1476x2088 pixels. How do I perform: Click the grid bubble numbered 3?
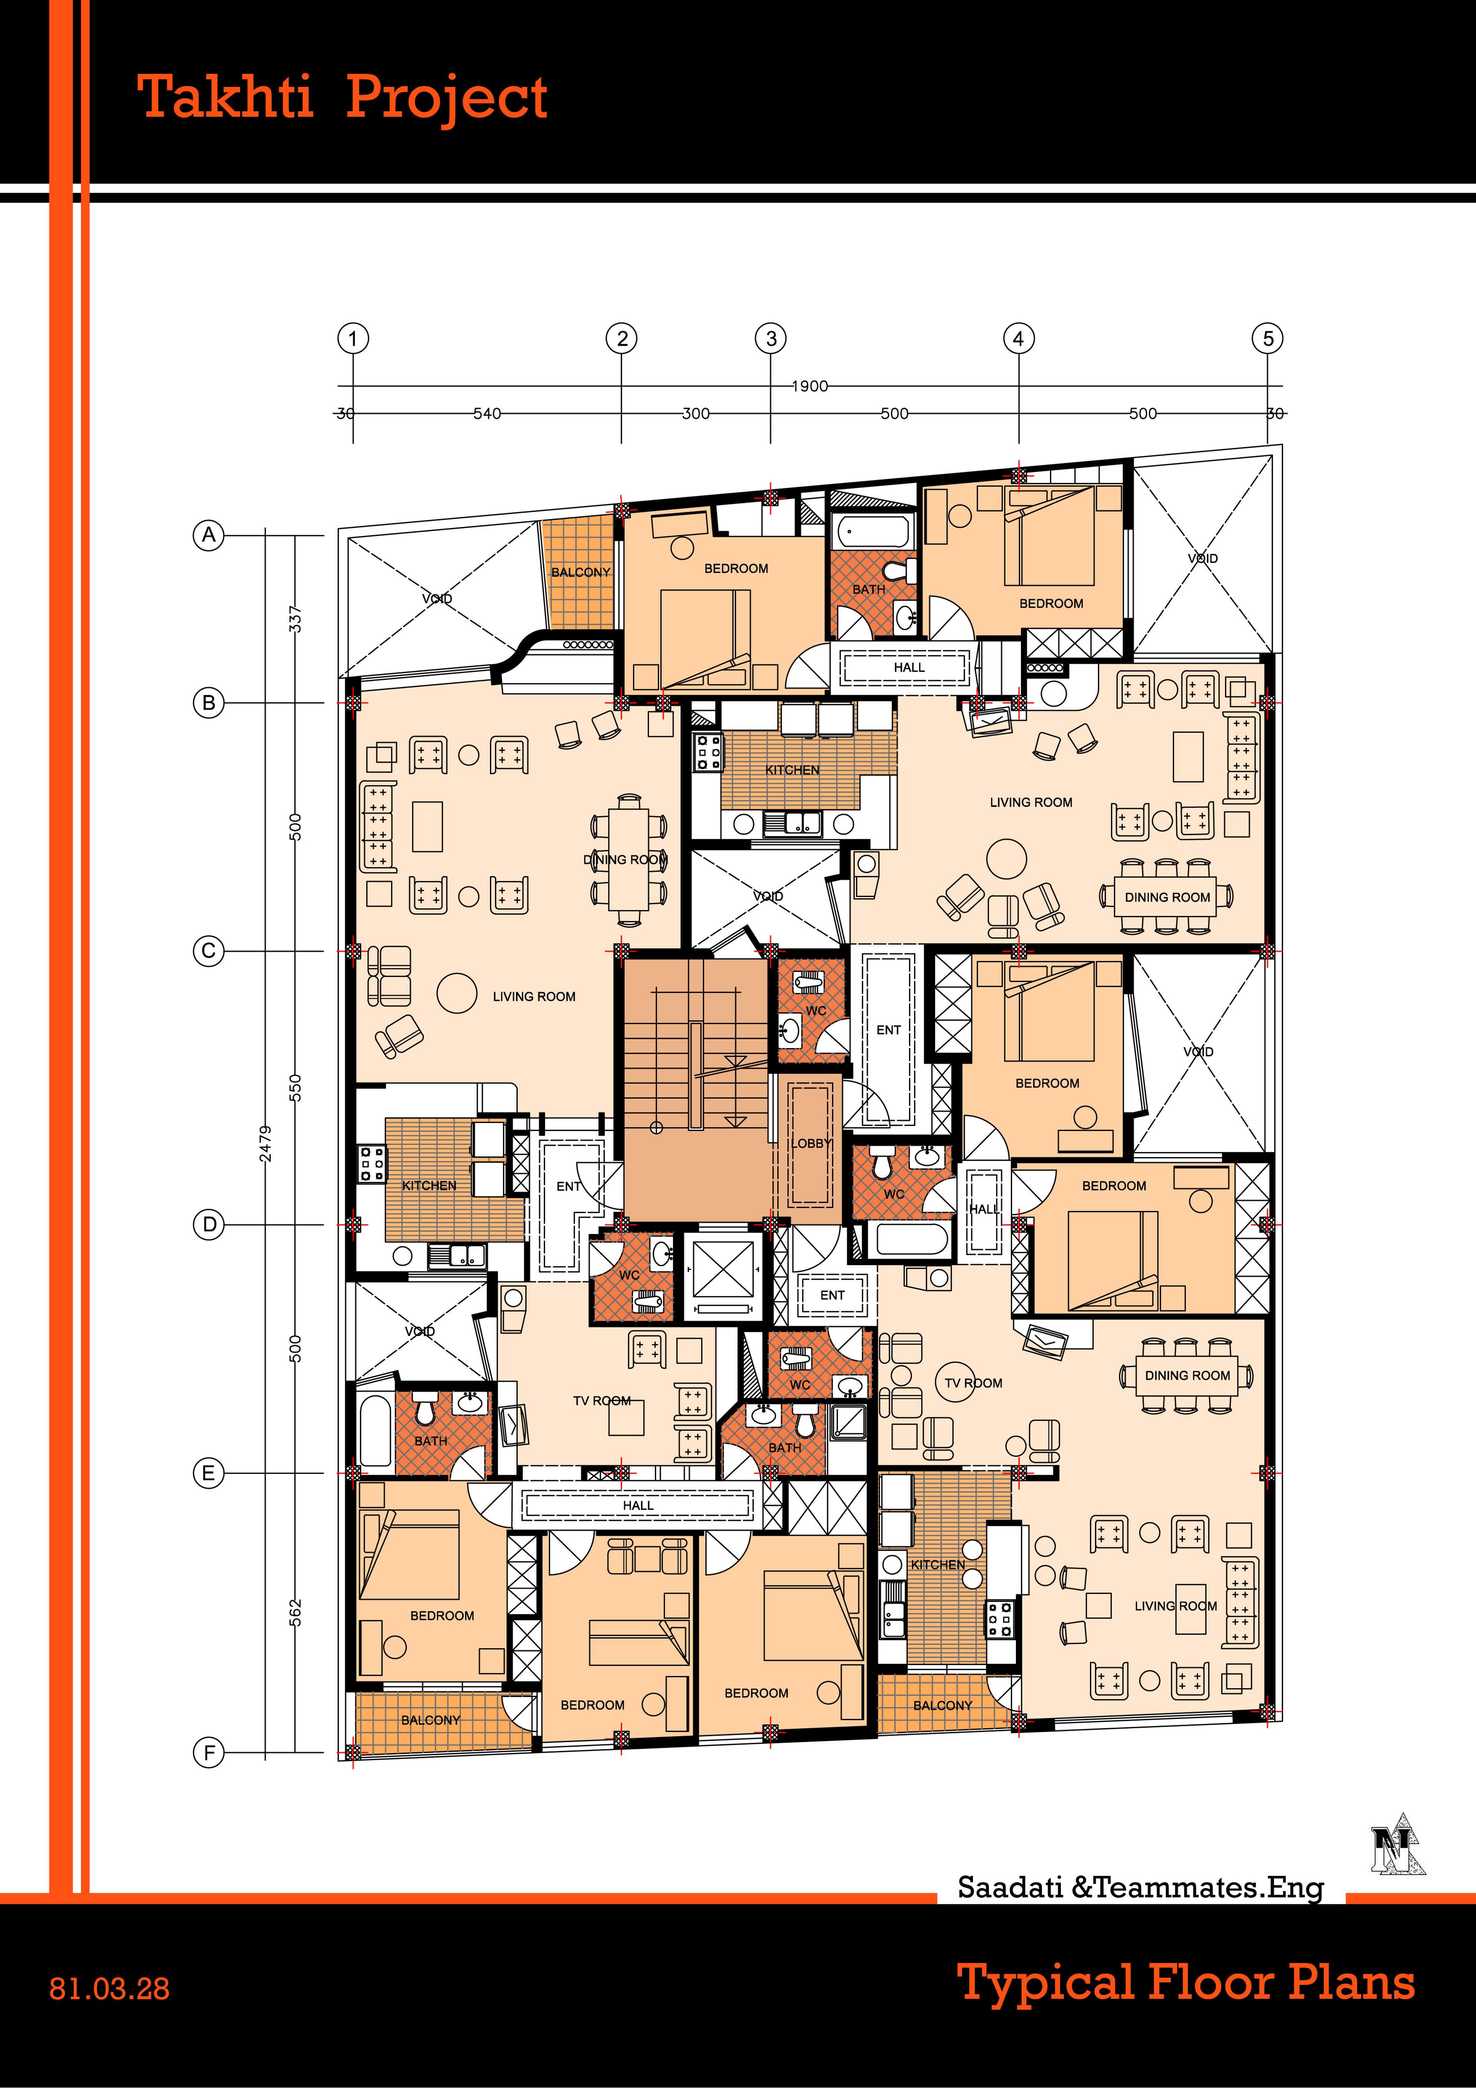pos(771,338)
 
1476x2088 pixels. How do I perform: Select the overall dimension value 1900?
pos(809,386)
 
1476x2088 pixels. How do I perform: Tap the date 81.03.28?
pos(109,1989)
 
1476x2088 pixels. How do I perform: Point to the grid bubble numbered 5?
pos(1268,338)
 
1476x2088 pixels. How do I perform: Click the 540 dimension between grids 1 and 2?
pos(487,414)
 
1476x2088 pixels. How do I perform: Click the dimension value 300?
pos(696,414)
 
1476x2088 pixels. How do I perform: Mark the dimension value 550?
pos(295,1087)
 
